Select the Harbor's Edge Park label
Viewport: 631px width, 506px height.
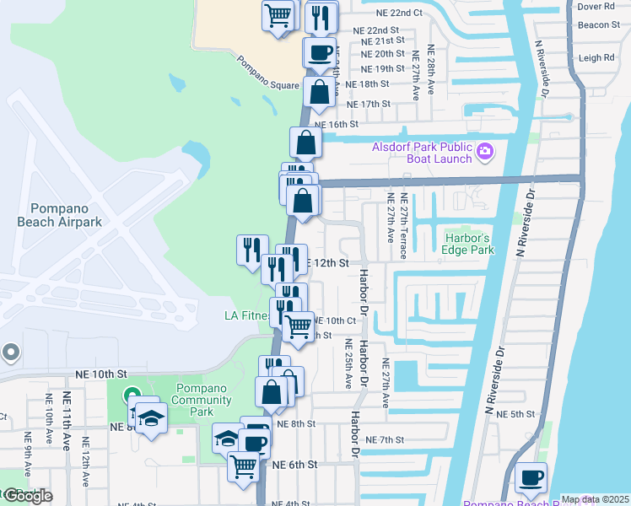click(469, 243)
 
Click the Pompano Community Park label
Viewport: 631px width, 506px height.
click(202, 400)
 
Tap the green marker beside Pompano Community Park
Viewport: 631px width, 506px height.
click(132, 395)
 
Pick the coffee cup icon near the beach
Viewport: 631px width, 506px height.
click(531, 478)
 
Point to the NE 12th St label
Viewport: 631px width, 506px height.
click(325, 262)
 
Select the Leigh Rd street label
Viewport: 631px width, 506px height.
click(596, 58)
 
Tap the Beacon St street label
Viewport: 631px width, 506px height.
click(599, 24)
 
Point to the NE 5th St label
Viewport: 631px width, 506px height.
click(515, 414)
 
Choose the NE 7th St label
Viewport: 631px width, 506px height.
click(386, 440)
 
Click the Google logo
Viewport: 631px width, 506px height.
click(27, 496)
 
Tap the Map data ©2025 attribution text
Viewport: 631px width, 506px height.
click(595, 499)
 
